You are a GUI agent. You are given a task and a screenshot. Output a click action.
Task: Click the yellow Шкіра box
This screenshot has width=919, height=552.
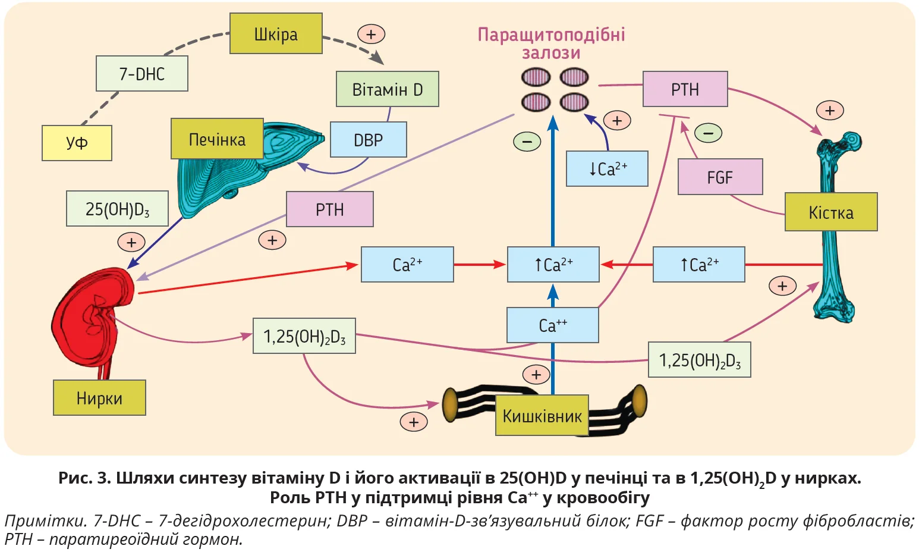[x=276, y=34]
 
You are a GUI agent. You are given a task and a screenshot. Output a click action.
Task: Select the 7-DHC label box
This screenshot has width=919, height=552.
[x=142, y=74]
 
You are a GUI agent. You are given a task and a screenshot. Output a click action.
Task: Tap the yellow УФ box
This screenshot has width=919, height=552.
[x=77, y=143]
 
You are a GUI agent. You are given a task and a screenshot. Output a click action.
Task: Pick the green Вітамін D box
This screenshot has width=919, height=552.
[x=387, y=89]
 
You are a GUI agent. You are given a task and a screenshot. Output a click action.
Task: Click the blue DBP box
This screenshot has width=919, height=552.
[x=368, y=140]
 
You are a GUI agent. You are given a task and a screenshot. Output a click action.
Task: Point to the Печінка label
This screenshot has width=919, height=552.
[x=217, y=139]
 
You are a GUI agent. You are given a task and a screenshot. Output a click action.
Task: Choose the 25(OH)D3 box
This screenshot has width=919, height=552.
[x=117, y=209]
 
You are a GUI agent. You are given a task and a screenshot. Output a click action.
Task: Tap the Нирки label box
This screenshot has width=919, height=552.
[x=99, y=398]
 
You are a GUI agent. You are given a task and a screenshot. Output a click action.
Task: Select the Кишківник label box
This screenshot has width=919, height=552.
[x=542, y=416]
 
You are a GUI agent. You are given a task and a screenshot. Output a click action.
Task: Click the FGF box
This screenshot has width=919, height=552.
[x=720, y=177]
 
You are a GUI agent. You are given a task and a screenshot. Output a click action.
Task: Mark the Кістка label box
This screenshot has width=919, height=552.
[x=831, y=212]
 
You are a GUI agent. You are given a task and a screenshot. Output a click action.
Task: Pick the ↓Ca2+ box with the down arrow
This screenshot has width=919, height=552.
[x=607, y=169]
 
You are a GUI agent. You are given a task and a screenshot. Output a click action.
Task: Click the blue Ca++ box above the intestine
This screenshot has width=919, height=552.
[x=553, y=325]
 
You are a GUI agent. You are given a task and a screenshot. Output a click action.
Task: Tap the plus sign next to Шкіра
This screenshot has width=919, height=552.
[x=371, y=34]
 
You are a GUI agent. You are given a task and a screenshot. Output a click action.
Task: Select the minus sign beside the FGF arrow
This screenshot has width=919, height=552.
[x=709, y=133]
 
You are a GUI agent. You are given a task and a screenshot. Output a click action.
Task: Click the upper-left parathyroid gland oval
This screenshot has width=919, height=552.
[x=536, y=77]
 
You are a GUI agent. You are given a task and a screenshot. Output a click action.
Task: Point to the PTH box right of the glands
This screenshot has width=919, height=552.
[x=685, y=89]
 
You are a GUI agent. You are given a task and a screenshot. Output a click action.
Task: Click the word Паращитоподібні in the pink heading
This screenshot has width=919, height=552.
[x=551, y=34]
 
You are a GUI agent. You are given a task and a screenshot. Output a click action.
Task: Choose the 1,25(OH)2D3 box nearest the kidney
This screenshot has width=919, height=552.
[x=304, y=337]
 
